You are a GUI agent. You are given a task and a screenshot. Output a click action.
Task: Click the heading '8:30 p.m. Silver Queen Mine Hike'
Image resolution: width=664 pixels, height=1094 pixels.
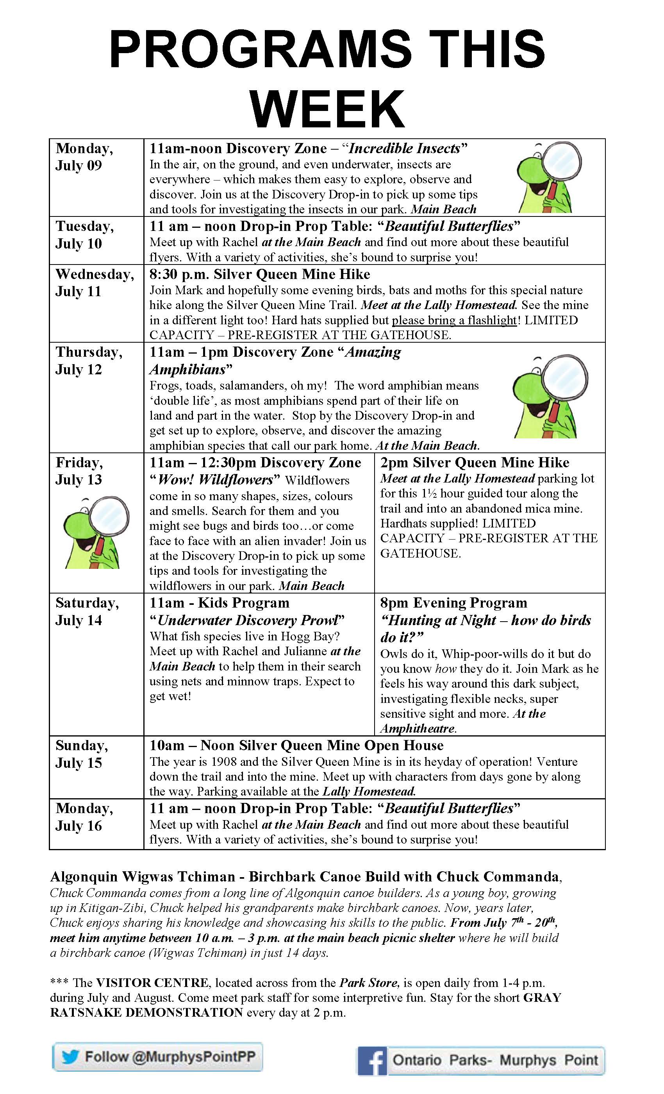[x=260, y=274]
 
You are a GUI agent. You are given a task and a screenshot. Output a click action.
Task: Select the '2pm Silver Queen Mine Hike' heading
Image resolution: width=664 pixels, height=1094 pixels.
[x=475, y=463]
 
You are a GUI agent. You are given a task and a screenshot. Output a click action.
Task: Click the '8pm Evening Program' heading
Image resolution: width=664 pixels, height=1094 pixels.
[x=453, y=603]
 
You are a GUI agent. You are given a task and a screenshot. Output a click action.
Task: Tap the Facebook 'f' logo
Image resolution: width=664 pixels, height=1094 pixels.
[x=372, y=1061]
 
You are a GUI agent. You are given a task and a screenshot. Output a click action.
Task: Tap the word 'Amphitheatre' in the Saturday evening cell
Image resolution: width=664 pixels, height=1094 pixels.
[x=417, y=729]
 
